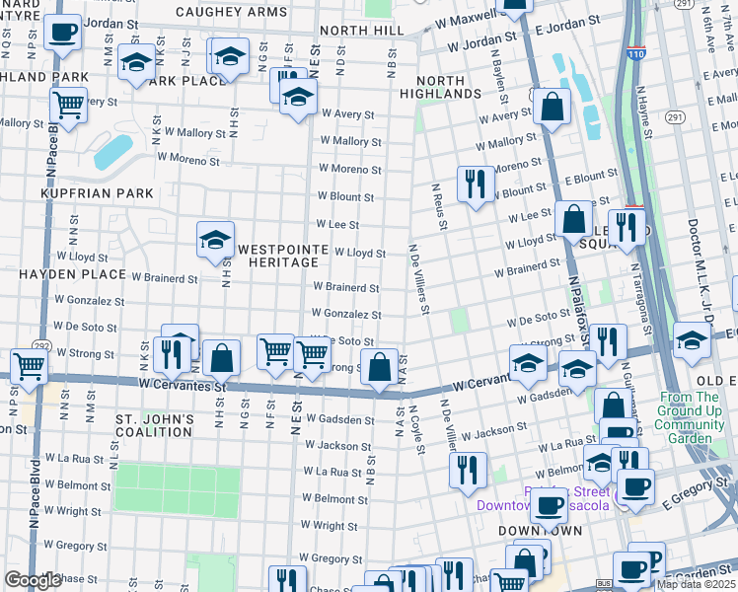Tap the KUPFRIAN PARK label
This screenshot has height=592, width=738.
click(x=98, y=193)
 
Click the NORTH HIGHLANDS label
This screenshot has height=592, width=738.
click(x=440, y=86)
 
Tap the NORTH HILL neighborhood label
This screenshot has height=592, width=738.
click(x=361, y=31)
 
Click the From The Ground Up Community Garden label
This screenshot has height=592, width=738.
click(x=696, y=417)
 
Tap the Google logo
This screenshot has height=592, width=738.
click(x=32, y=581)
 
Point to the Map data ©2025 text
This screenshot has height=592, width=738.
click(x=696, y=584)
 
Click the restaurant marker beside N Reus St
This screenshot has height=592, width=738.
click(x=476, y=184)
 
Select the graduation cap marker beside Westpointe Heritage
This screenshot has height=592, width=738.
click(x=214, y=240)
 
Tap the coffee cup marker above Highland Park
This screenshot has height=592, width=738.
click(x=63, y=32)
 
